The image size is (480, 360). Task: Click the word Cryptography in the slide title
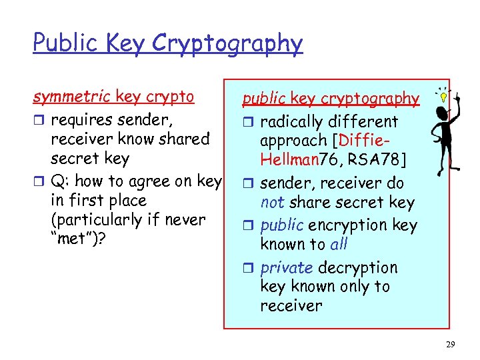pyautogui.click(x=227, y=44)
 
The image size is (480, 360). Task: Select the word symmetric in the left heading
pyautogui.click(x=73, y=97)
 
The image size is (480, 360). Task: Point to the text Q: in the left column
pyautogui.click(x=61, y=181)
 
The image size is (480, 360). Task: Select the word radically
pyautogui.click(x=293, y=122)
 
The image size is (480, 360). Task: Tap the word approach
pyautogui.click(x=294, y=141)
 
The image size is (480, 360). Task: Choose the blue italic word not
pyautogui.click(x=271, y=202)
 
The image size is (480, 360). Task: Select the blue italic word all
pyautogui.click(x=339, y=244)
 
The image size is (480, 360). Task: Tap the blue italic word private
pyautogui.click(x=287, y=267)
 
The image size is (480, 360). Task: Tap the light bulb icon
pyautogui.click(x=441, y=95)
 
